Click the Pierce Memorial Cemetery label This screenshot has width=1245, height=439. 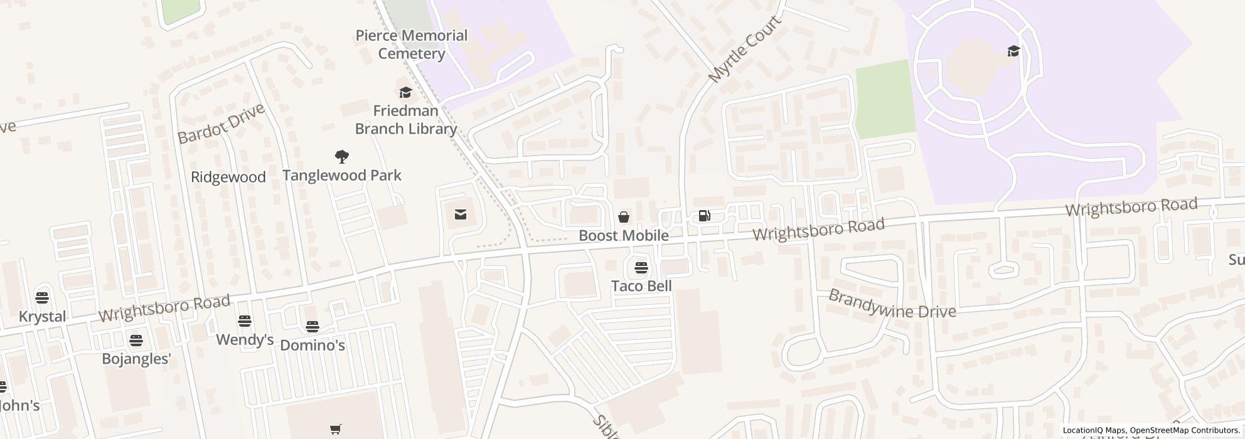(x=411, y=45)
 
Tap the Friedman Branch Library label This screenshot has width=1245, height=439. (x=405, y=120)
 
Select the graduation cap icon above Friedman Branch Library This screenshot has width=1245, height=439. (x=405, y=93)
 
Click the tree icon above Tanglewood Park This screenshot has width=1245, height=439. (x=342, y=156)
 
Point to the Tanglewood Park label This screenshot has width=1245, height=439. (x=342, y=175)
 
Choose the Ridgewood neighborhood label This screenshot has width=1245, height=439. (x=228, y=177)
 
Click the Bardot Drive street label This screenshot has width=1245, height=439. (x=221, y=124)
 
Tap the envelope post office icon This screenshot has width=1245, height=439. (x=461, y=215)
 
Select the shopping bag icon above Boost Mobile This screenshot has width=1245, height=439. (x=624, y=217)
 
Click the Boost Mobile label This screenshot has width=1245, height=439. (x=623, y=236)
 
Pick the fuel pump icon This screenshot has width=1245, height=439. (x=705, y=216)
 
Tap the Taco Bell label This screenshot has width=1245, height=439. (x=641, y=286)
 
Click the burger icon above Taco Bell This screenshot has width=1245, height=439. (x=641, y=268)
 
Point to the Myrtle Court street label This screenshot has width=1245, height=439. (x=745, y=50)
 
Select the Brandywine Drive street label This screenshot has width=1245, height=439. (x=892, y=304)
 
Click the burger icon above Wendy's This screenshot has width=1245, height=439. (x=245, y=321)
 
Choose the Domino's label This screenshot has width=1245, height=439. (x=313, y=345)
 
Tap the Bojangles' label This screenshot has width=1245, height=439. (x=137, y=359)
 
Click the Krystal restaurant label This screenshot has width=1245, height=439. (x=43, y=316)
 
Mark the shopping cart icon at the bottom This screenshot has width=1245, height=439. (x=336, y=430)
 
